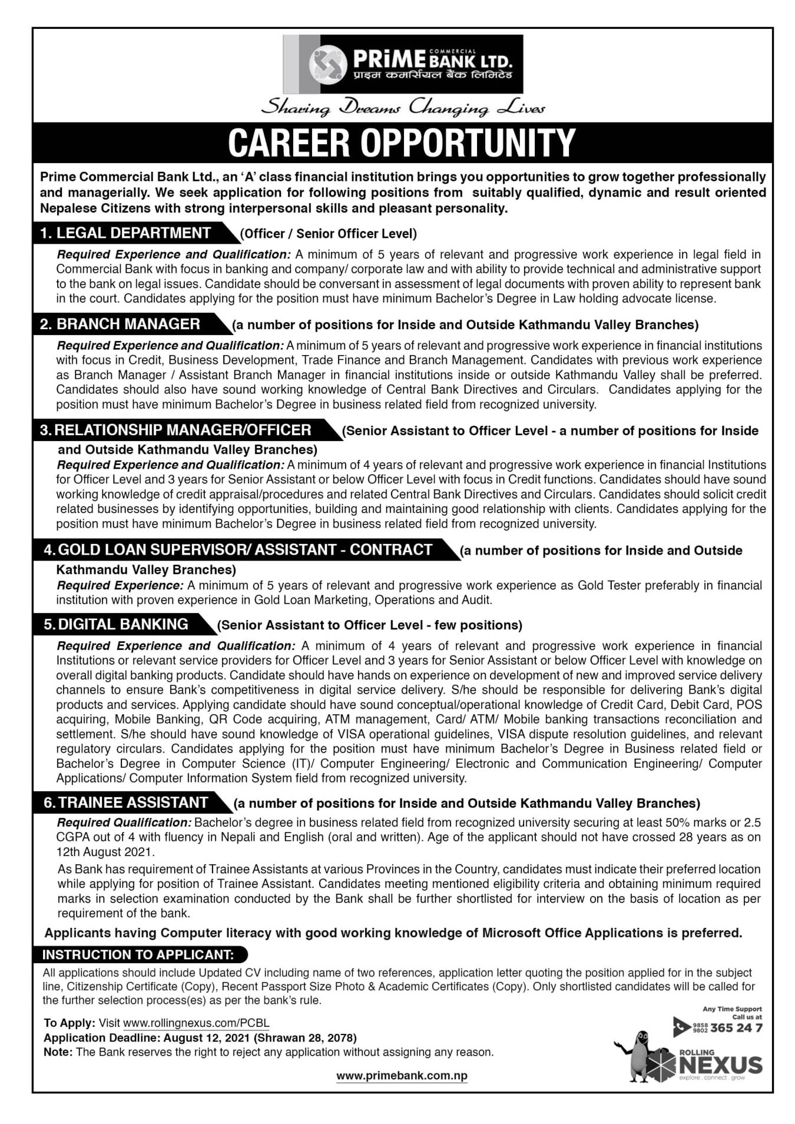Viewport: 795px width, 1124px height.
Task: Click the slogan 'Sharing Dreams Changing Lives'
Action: point(403,108)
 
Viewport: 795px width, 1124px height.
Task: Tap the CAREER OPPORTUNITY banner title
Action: point(402,142)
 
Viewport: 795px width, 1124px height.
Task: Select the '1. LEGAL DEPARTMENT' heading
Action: point(125,233)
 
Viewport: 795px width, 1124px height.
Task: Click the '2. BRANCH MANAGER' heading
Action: point(120,324)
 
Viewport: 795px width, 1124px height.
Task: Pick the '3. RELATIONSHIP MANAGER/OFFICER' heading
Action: point(175,430)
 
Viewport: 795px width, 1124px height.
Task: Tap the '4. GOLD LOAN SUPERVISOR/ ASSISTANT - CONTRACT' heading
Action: point(238,550)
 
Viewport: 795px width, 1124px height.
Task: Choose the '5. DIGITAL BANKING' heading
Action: point(116,624)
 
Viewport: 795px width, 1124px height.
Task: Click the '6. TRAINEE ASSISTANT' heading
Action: point(125,803)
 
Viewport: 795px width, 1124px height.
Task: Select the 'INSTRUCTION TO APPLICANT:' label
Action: point(138,954)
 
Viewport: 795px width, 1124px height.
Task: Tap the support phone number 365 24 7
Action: point(736,1029)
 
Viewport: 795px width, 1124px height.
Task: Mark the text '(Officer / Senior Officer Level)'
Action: point(328,234)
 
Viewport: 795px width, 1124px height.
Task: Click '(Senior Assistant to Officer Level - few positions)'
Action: point(370,625)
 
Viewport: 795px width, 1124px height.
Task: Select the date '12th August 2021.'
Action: point(105,852)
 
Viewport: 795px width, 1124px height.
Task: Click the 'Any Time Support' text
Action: point(732,1009)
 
